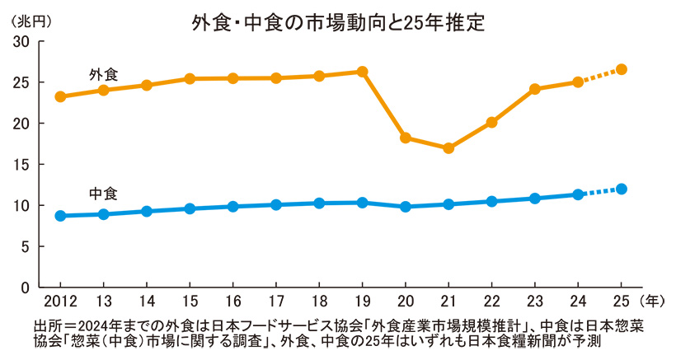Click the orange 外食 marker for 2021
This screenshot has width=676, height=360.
pyautogui.click(x=448, y=148)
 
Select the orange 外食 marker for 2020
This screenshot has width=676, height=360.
pyautogui.click(x=406, y=138)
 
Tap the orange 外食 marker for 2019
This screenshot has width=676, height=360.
pyautogui.click(x=362, y=72)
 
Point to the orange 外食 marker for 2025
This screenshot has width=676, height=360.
pyautogui.click(x=622, y=69)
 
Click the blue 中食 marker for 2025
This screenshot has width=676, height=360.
pyautogui.click(x=622, y=189)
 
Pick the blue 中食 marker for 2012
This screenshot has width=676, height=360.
pyautogui.click(x=60, y=216)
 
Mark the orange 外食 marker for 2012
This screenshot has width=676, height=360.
pyautogui.click(x=60, y=96)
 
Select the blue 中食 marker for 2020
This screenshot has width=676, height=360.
pyautogui.click(x=406, y=207)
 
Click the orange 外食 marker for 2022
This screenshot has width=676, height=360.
pyautogui.click(x=491, y=122)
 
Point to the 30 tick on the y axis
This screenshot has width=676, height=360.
pyautogui.click(x=21, y=41)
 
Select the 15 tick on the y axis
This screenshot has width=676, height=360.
pyautogui.click(x=21, y=164)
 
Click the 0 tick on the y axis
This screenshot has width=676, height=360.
pyautogui.click(x=26, y=288)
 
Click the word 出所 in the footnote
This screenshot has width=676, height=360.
pyautogui.click(x=48, y=325)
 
